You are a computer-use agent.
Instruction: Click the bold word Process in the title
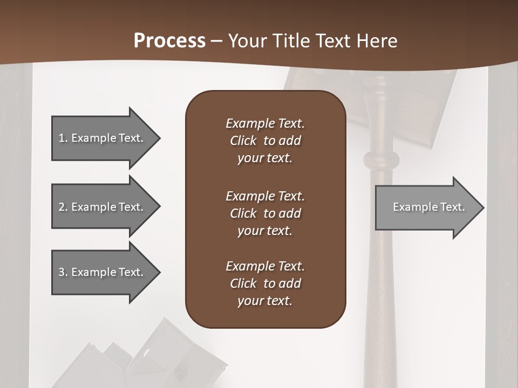169,41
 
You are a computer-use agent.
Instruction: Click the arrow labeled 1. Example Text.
103,138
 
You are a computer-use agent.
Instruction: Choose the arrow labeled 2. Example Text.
103,207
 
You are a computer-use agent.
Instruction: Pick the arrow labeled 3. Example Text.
103,272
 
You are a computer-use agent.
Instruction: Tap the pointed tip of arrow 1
159,138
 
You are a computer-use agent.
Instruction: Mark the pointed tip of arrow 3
159,272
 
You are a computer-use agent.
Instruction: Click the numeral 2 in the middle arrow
62,207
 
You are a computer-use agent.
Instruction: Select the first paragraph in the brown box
265,141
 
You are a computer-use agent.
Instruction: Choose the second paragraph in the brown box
265,213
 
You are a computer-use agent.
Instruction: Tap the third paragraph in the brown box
265,283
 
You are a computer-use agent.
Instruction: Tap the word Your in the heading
246,41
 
